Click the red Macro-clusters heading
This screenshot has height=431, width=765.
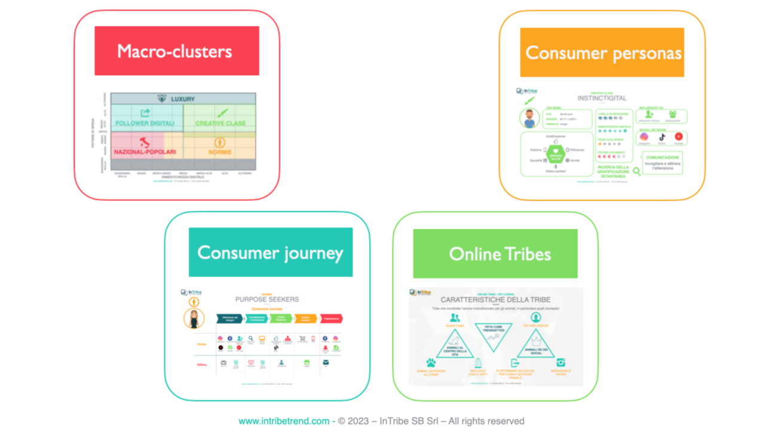tap(176, 51)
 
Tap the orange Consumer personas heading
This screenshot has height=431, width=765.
tap(602, 53)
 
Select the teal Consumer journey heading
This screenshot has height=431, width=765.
tap(270, 252)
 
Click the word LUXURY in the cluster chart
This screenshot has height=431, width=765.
tap(183, 99)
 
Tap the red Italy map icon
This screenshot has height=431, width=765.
tap(143, 142)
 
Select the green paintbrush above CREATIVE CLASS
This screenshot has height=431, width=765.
tap(222, 113)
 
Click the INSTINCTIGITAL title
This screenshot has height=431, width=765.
tap(601, 98)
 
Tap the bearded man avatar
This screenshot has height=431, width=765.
tap(529, 118)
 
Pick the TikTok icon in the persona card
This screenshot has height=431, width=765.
tap(662, 137)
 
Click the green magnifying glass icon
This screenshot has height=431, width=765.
tap(636, 171)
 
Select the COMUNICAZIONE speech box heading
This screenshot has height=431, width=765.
tap(663, 157)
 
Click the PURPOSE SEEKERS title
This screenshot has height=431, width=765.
tap(267, 299)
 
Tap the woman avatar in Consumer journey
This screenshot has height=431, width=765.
tap(194, 318)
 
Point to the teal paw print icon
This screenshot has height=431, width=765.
tap(430, 363)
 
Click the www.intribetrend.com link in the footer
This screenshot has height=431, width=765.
tap(284, 421)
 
